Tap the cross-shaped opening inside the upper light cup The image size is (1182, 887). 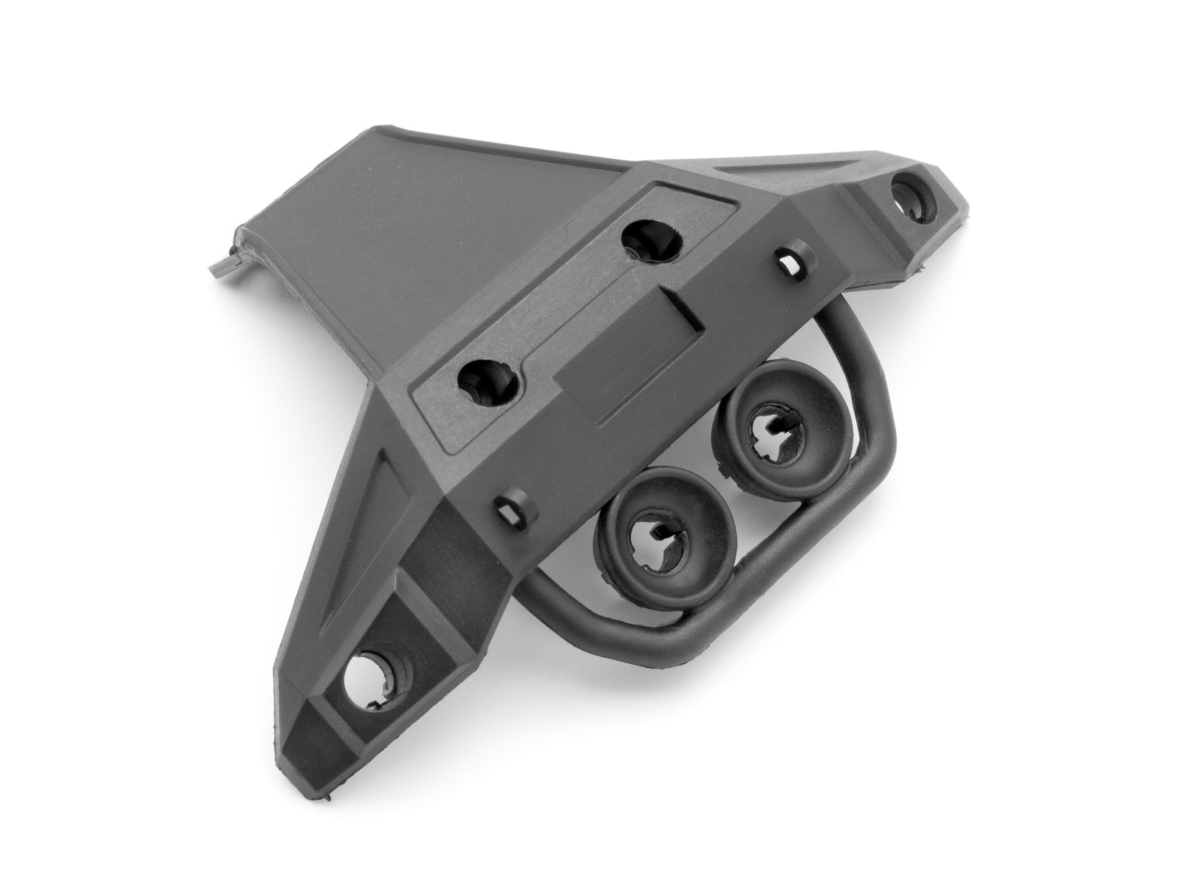click(x=769, y=429)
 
